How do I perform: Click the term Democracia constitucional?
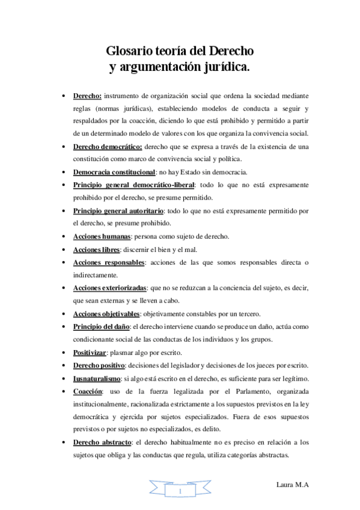click(114, 172)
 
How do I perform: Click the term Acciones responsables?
click(109, 263)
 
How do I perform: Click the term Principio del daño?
click(101, 327)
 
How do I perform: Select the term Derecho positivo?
click(99, 365)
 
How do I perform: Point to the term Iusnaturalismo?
click(96, 378)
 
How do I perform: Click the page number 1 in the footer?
click(180, 493)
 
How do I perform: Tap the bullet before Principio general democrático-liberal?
click(64, 185)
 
